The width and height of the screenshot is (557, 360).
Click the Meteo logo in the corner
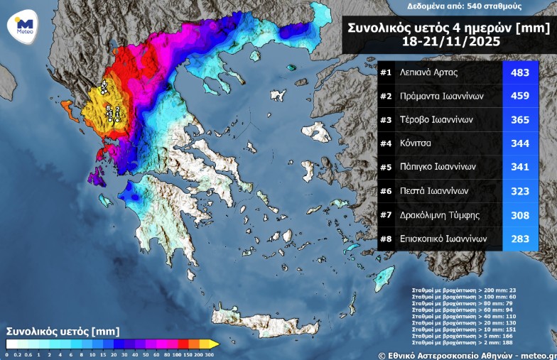point(21,26)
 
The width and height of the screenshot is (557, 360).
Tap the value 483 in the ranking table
point(520,72)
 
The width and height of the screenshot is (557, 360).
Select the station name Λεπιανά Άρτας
point(428,72)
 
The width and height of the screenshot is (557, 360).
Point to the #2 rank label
point(386,96)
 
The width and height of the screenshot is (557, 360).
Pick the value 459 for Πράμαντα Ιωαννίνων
point(520,96)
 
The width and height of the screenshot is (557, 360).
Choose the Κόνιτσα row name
point(416,143)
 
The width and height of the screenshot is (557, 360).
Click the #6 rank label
point(386,191)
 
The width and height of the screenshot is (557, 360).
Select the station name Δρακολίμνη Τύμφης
point(439,214)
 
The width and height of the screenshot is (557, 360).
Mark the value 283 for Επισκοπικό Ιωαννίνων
point(520,239)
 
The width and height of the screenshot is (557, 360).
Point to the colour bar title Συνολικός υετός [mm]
point(63,331)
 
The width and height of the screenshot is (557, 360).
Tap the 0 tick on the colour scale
point(7,354)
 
